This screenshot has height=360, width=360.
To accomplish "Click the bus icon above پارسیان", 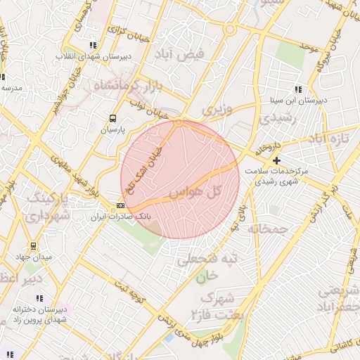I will tap(112, 118).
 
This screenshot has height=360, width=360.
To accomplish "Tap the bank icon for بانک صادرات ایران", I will tap(120, 205).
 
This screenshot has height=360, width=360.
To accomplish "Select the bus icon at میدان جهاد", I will tap(33, 246).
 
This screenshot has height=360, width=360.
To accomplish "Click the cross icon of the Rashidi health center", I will tap(276, 161).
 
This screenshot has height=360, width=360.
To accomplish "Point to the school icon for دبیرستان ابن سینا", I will tap(298, 89).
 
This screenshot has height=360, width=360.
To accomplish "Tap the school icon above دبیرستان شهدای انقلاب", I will tap(94, 46).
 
